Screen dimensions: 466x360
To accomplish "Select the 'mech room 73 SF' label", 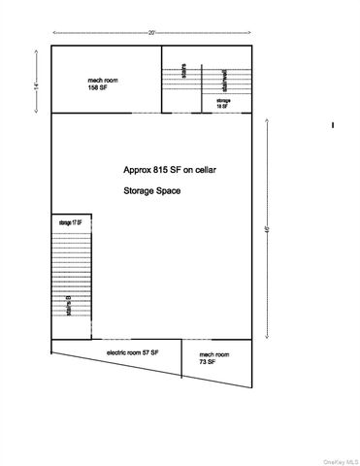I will (213, 358).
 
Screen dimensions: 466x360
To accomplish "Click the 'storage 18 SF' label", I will (223, 104).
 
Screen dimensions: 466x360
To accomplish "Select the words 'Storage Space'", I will (151, 191).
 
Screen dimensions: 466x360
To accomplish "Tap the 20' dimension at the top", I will (152, 32).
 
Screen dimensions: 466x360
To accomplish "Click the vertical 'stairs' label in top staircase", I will (183, 74).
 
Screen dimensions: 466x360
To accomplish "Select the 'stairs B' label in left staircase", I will (69, 310).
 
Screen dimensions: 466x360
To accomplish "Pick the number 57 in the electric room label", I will (147, 353).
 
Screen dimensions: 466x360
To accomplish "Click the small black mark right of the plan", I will (333, 124).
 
